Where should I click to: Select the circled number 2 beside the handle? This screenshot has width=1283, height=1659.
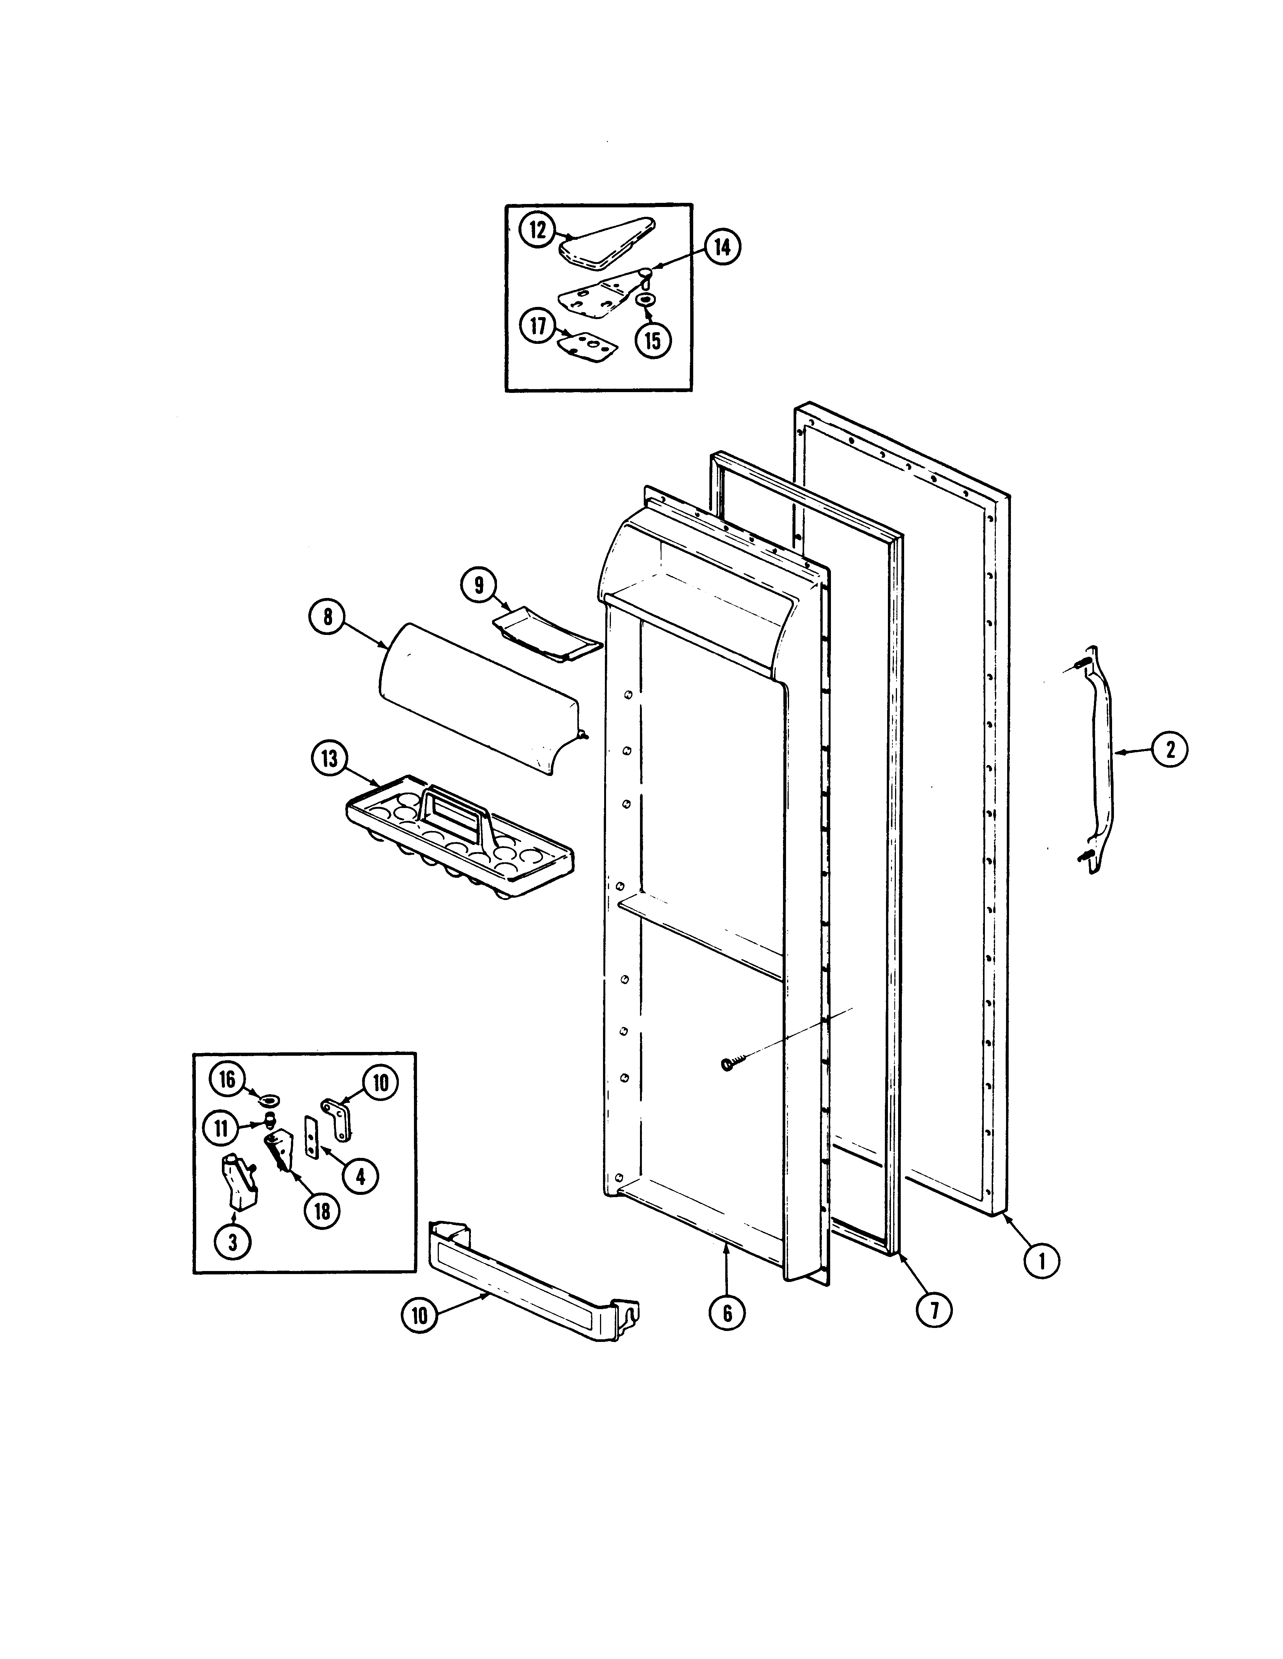click(x=1169, y=750)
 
